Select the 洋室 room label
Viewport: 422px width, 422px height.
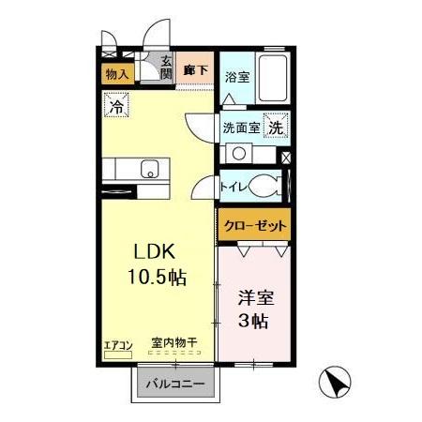click(252, 298)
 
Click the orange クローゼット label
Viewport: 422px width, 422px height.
click(254, 226)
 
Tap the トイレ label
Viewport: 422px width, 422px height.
click(233, 186)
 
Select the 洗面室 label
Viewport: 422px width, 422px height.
click(241, 128)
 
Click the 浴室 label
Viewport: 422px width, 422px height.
click(237, 78)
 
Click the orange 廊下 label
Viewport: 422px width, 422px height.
click(196, 69)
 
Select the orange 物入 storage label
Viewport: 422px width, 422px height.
click(117, 74)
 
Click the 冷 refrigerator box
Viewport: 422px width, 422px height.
click(117, 107)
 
